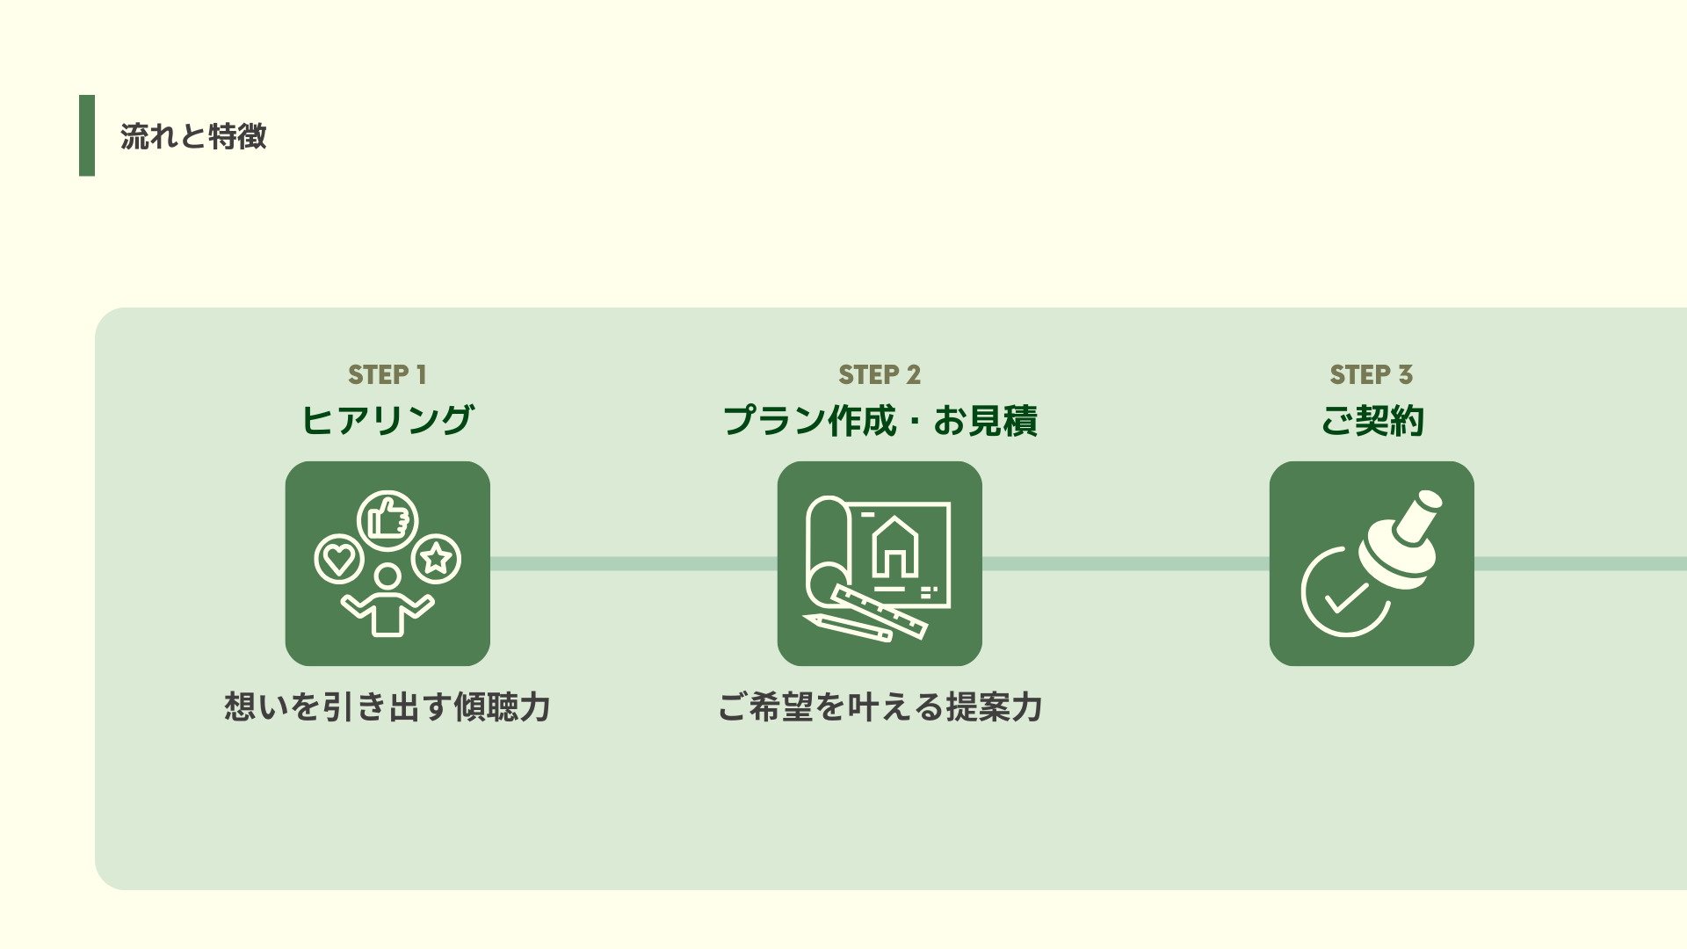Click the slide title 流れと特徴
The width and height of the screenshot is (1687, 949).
(193, 136)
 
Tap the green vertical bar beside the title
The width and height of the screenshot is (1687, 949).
(87, 135)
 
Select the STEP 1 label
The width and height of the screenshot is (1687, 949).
(387, 374)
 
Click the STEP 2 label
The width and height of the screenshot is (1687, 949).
(880, 374)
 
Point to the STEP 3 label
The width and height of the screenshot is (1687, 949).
(1372, 374)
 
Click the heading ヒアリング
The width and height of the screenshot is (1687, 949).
(387, 420)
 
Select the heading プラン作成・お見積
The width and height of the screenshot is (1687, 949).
(880, 420)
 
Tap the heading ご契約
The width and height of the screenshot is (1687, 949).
(1372, 420)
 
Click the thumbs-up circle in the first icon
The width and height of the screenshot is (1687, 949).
(387, 520)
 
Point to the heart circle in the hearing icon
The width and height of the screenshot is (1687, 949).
(339, 559)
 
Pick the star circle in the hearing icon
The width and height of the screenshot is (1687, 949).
(436, 559)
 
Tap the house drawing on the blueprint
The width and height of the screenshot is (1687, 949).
(894, 548)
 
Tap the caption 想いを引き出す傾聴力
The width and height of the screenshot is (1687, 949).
(387, 706)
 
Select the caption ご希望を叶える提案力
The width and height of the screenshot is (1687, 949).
(880, 706)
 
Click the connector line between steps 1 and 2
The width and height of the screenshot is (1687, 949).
(633, 563)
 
